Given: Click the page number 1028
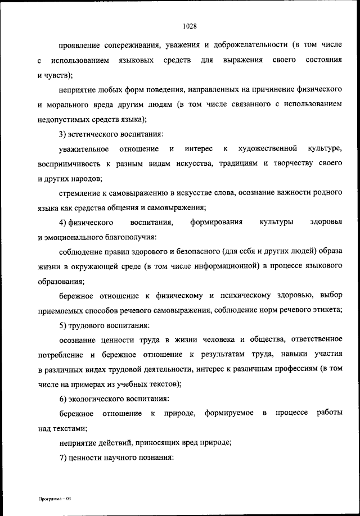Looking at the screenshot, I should coord(189,25).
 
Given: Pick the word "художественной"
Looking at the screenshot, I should coord(267,148).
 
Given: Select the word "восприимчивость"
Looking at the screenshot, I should coord(69,164).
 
